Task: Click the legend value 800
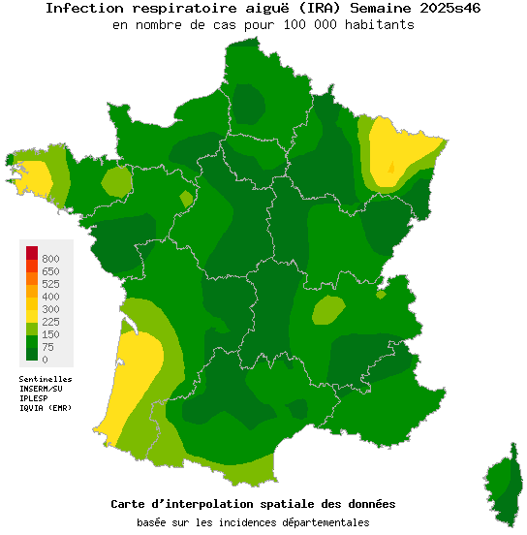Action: tap(50, 259)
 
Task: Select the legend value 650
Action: tap(50, 271)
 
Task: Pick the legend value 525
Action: tap(50, 284)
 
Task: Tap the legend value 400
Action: tap(50, 297)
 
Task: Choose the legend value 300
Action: tap(50, 309)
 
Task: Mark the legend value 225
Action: tap(50, 322)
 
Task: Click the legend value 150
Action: tap(50, 334)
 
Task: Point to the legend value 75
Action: tap(47, 347)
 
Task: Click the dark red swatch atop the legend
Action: tap(32, 253)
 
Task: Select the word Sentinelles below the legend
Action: tap(46, 379)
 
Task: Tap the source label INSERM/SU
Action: tap(41, 389)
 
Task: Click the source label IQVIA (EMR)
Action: tap(46, 408)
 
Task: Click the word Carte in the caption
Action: tap(131, 504)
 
